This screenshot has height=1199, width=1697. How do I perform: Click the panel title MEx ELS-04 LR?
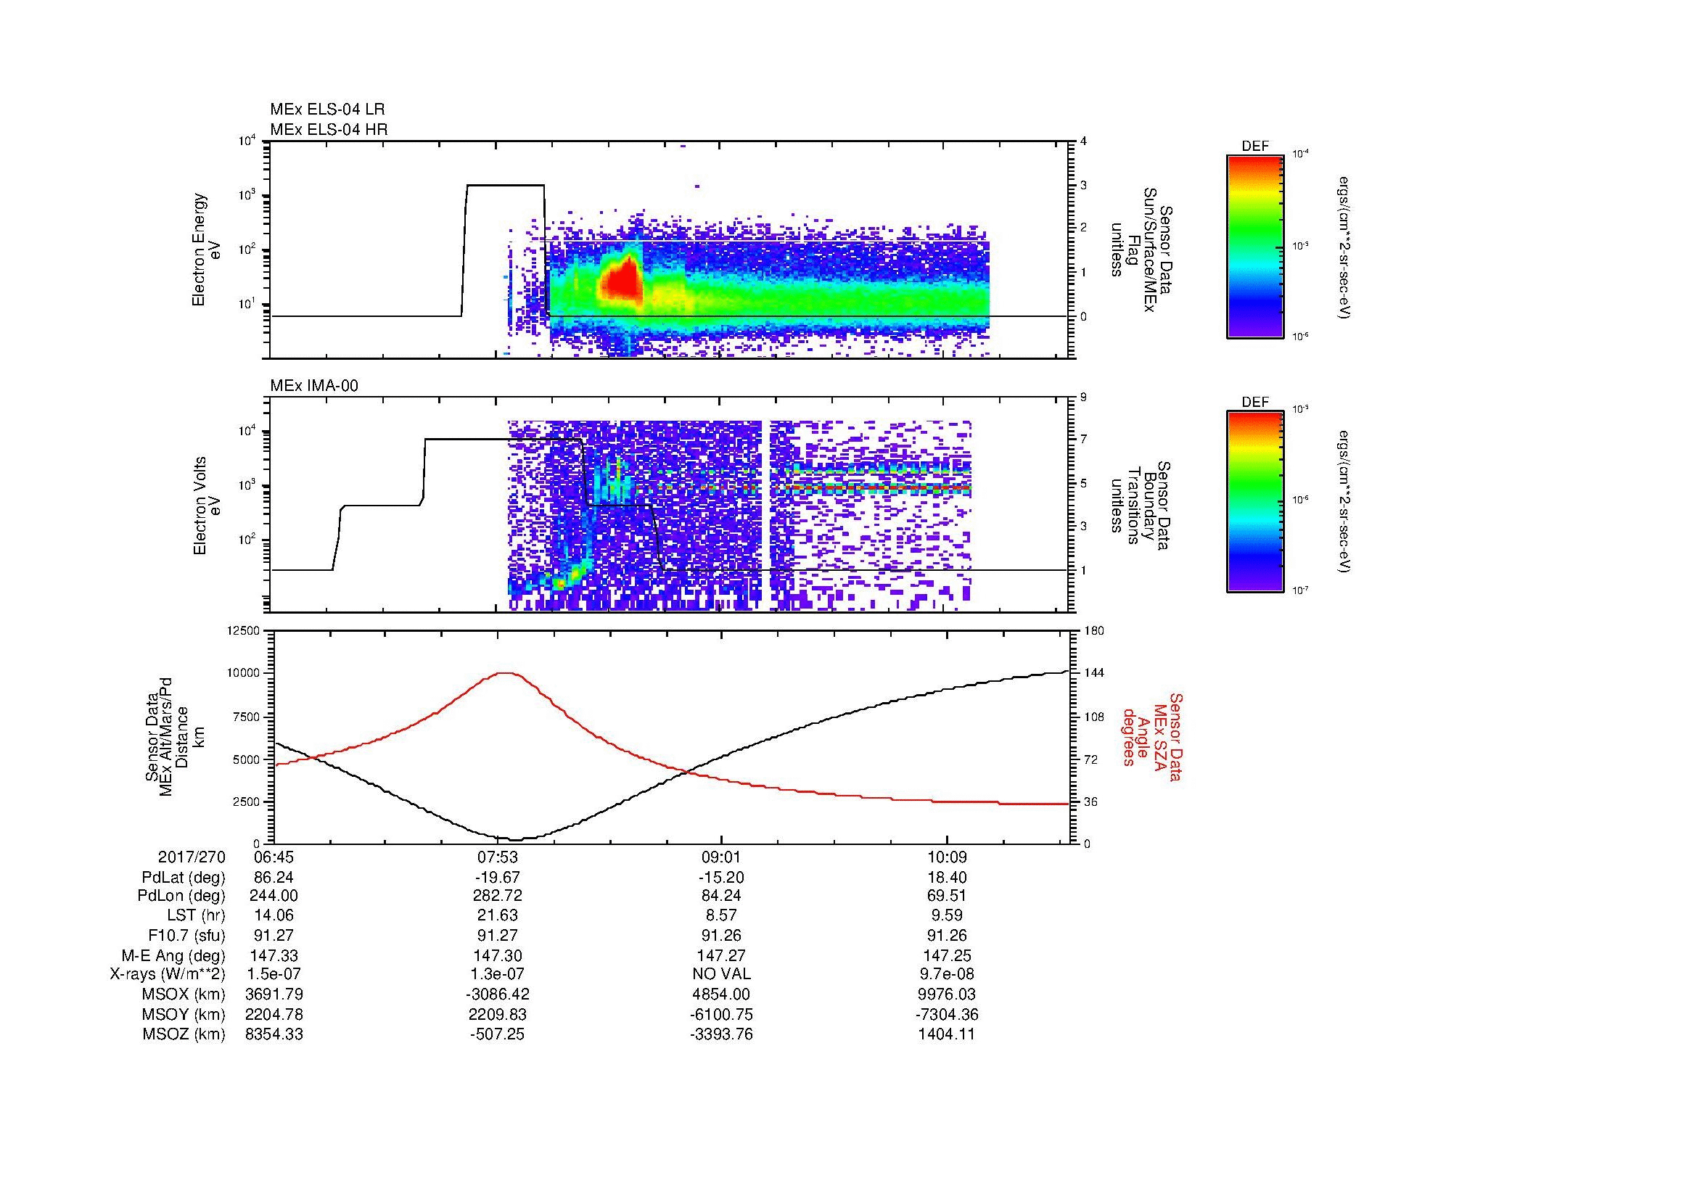click(326, 110)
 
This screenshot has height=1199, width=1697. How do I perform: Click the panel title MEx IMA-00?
click(313, 386)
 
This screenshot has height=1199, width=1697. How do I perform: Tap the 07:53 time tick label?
click(498, 857)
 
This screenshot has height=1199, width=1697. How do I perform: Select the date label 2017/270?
click(192, 857)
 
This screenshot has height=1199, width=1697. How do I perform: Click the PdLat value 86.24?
click(274, 877)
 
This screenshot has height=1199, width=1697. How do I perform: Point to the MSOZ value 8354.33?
click(274, 1034)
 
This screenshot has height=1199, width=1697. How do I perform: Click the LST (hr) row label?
click(196, 916)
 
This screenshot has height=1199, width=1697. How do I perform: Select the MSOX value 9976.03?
click(948, 994)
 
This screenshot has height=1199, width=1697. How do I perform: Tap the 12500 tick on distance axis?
click(243, 631)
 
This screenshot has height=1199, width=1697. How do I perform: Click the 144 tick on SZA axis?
click(1094, 673)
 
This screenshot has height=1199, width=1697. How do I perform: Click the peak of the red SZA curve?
click(506, 673)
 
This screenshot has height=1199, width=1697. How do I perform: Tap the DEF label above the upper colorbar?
click(1254, 147)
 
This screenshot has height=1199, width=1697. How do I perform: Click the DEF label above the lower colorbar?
click(1254, 402)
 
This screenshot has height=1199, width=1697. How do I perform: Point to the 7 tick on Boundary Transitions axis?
click(1083, 440)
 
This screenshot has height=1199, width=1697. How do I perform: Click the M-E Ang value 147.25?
click(948, 955)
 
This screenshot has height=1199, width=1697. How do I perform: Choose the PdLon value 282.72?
click(499, 896)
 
